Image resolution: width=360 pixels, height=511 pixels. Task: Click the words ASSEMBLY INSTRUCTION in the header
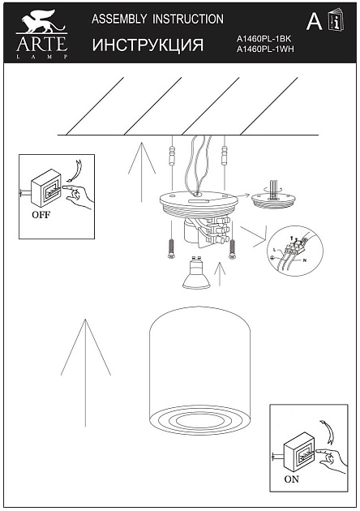click(158, 18)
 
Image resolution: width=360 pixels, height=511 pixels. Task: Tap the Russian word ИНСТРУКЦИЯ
click(148, 45)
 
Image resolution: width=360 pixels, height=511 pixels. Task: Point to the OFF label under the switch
click(41, 216)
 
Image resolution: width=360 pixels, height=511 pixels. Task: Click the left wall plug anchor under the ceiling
click(171, 154)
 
